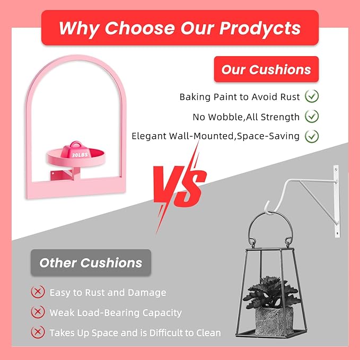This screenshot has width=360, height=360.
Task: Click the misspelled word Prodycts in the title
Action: (260, 29)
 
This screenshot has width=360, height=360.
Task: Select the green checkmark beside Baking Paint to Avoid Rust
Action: (312, 96)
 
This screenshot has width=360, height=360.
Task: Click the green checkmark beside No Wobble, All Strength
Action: (312, 116)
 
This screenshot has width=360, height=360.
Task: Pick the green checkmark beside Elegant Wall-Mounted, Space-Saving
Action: (312, 136)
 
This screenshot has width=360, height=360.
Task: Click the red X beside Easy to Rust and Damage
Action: (38, 292)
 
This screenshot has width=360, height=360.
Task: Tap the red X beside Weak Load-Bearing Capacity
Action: (38, 312)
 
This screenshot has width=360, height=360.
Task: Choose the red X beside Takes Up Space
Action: (38, 332)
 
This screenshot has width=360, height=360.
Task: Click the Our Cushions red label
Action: (266, 69)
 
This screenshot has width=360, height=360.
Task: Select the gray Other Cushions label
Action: (91, 262)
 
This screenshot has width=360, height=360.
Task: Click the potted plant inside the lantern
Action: (272, 293)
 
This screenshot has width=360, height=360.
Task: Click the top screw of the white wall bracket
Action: (336, 170)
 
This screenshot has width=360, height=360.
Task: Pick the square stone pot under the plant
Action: (274, 321)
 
